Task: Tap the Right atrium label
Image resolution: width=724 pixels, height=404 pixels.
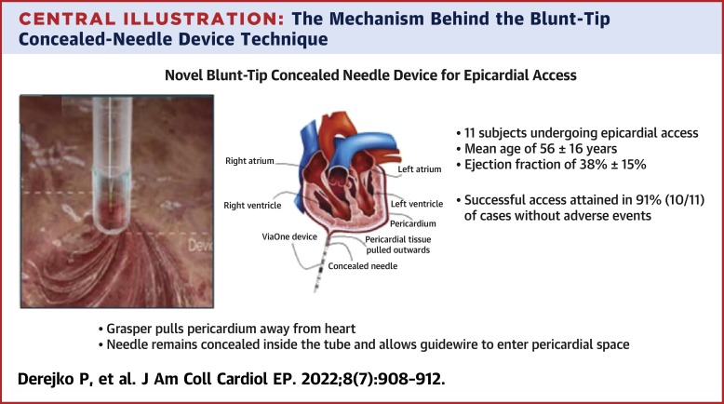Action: point(249,161)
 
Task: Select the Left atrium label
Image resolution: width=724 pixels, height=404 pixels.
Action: point(420,169)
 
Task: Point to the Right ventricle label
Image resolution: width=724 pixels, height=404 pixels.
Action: point(252,206)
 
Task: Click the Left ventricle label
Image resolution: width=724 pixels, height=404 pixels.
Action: point(417,204)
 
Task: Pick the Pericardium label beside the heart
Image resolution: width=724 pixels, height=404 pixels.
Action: point(413,224)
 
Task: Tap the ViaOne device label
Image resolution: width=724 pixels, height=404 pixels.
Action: point(289,236)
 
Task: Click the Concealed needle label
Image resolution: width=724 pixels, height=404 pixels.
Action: point(362,266)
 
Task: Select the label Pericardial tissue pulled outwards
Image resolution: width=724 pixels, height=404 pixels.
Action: point(398,245)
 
